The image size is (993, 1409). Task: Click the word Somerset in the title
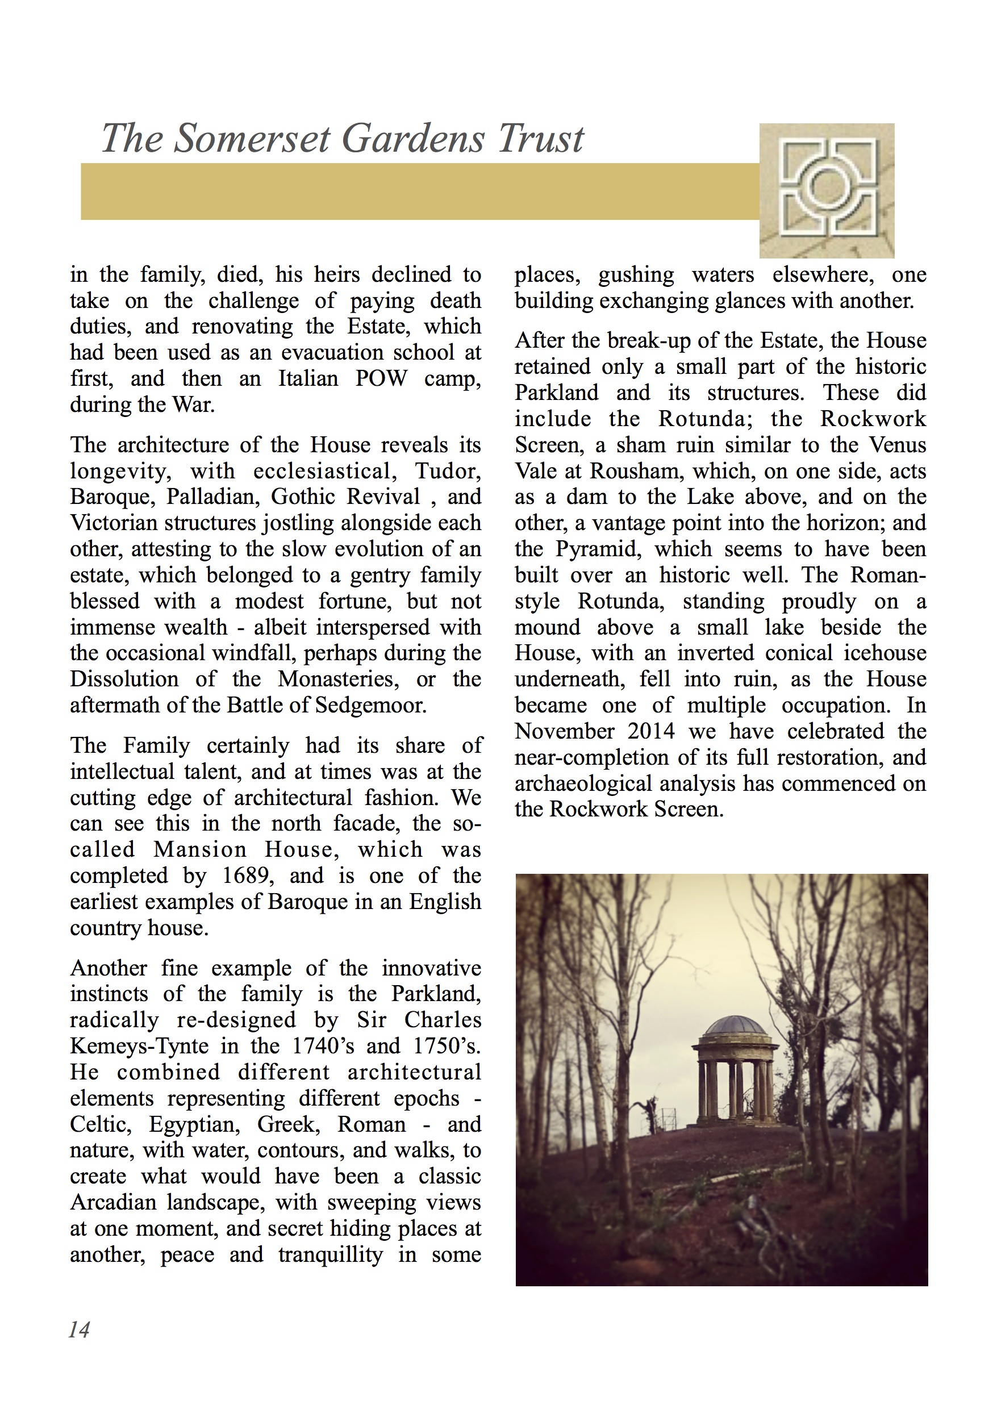(252, 139)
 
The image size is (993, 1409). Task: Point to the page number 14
(79, 1329)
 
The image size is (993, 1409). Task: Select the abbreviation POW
(381, 378)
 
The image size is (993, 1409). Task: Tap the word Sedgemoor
(370, 705)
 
